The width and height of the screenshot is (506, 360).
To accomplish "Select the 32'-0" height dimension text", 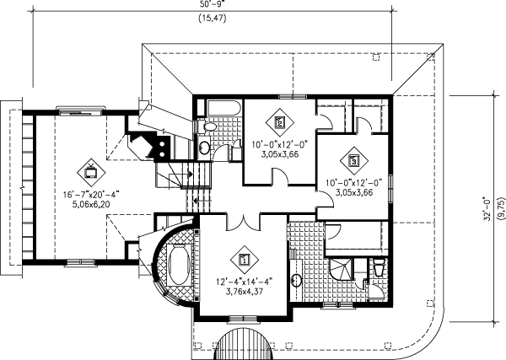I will coord(484,208).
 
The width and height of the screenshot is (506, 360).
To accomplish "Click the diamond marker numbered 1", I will coord(245,261).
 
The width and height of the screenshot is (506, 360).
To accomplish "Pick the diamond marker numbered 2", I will coord(281,119).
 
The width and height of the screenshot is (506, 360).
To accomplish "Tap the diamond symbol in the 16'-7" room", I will coord(89,172).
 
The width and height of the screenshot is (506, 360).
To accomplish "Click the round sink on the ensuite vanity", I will coord(296,281).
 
